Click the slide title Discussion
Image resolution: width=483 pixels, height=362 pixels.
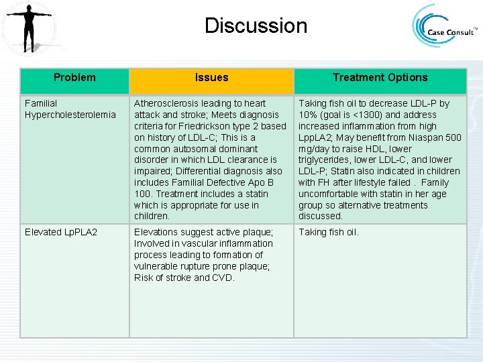click(256, 26)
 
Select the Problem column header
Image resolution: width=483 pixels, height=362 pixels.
click(74, 78)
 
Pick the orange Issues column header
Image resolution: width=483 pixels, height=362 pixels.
click(211, 78)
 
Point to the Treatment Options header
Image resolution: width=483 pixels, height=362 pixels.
click(380, 78)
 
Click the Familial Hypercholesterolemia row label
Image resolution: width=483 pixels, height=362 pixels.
click(70, 109)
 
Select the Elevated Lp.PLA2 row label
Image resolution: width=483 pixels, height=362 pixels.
click(61, 233)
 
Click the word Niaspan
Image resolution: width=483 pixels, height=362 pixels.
click(427, 137)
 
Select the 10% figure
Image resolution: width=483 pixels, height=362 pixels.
click(308, 115)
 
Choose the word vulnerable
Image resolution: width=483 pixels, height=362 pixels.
click(156, 267)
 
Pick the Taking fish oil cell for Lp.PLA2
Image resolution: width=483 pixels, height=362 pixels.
click(329, 233)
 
